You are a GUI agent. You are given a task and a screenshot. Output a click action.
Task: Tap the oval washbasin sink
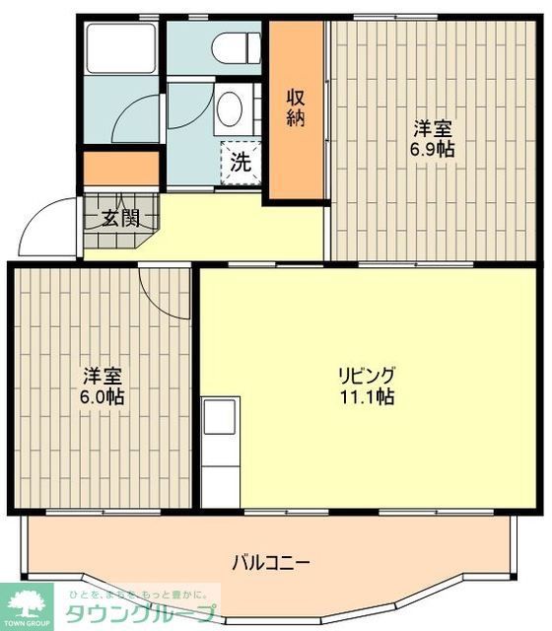pyautogui.click(x=230, y=108)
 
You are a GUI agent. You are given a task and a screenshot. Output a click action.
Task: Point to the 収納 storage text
pyautogui.click(x=296, y=107)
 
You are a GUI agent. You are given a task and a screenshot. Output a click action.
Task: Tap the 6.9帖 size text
pyautogui.click(x=433, y=150)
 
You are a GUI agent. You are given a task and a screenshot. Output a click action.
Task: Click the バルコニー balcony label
pyautogui.click(x=272, y=563)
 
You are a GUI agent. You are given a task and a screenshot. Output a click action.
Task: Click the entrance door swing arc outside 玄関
pyautogui.click(x=46, y=227)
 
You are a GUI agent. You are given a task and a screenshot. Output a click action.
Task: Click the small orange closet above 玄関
pyautogui.click(x=121, y=168)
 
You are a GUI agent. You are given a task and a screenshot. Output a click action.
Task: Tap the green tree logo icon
pyautogui.click(x=28, y=602)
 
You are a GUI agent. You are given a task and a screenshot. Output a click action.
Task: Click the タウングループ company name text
pyautogui.click(x=139, y=614)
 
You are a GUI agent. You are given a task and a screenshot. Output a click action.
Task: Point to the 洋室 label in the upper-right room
pyautogui.click(x=432, y=128)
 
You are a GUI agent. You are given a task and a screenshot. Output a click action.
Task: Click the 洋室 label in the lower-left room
pyautogui.click(x=103, y=376)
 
